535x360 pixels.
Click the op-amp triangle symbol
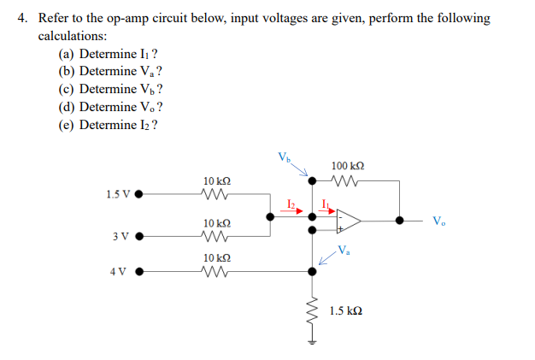tap(347, 221)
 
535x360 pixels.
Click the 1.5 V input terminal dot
tap(138, 193)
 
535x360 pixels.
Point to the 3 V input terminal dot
tap(138, 236)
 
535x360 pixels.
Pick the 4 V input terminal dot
tap(138, 273)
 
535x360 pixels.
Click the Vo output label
tap(438, 221)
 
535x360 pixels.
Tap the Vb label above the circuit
tap(284, 156)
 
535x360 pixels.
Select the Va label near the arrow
tap(343, 251)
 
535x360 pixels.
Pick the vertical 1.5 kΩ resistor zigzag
tap(311, 313)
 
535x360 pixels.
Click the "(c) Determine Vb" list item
tap(110, 89)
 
